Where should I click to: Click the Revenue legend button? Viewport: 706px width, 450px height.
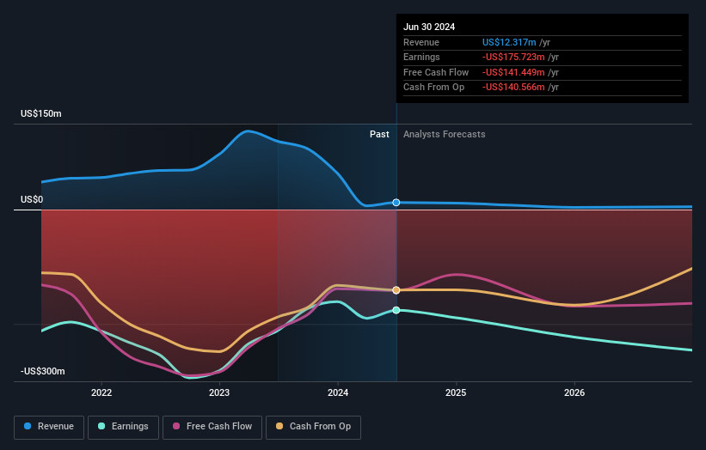tap(50, 426)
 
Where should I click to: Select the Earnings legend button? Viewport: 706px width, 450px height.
tap(123, 426)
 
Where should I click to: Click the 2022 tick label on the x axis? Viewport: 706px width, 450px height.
tap(101, 393)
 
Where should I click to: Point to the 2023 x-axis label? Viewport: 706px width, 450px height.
tap(219, 393)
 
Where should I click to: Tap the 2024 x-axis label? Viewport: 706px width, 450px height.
tap(338, 393)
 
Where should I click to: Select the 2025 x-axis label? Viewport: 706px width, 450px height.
tap(456, 393)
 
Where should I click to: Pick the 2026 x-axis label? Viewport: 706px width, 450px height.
tap(574, 393)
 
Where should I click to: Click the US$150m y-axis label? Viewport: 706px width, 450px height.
tap(41, 113)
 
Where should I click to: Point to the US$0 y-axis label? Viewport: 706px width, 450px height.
tap(32, 199)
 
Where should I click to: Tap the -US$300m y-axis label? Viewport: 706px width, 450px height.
tap(43, 371)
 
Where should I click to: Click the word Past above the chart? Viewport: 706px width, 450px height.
tap(379, 134)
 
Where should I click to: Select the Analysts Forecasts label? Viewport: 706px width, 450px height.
tap(444, 134)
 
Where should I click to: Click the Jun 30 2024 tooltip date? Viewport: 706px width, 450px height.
tap(429, 27)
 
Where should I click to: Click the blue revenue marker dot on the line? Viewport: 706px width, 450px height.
tap(396, 203)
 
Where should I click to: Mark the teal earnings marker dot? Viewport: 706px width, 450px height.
tap(396, 310)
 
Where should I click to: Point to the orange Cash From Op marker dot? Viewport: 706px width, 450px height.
tap(396, 290)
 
